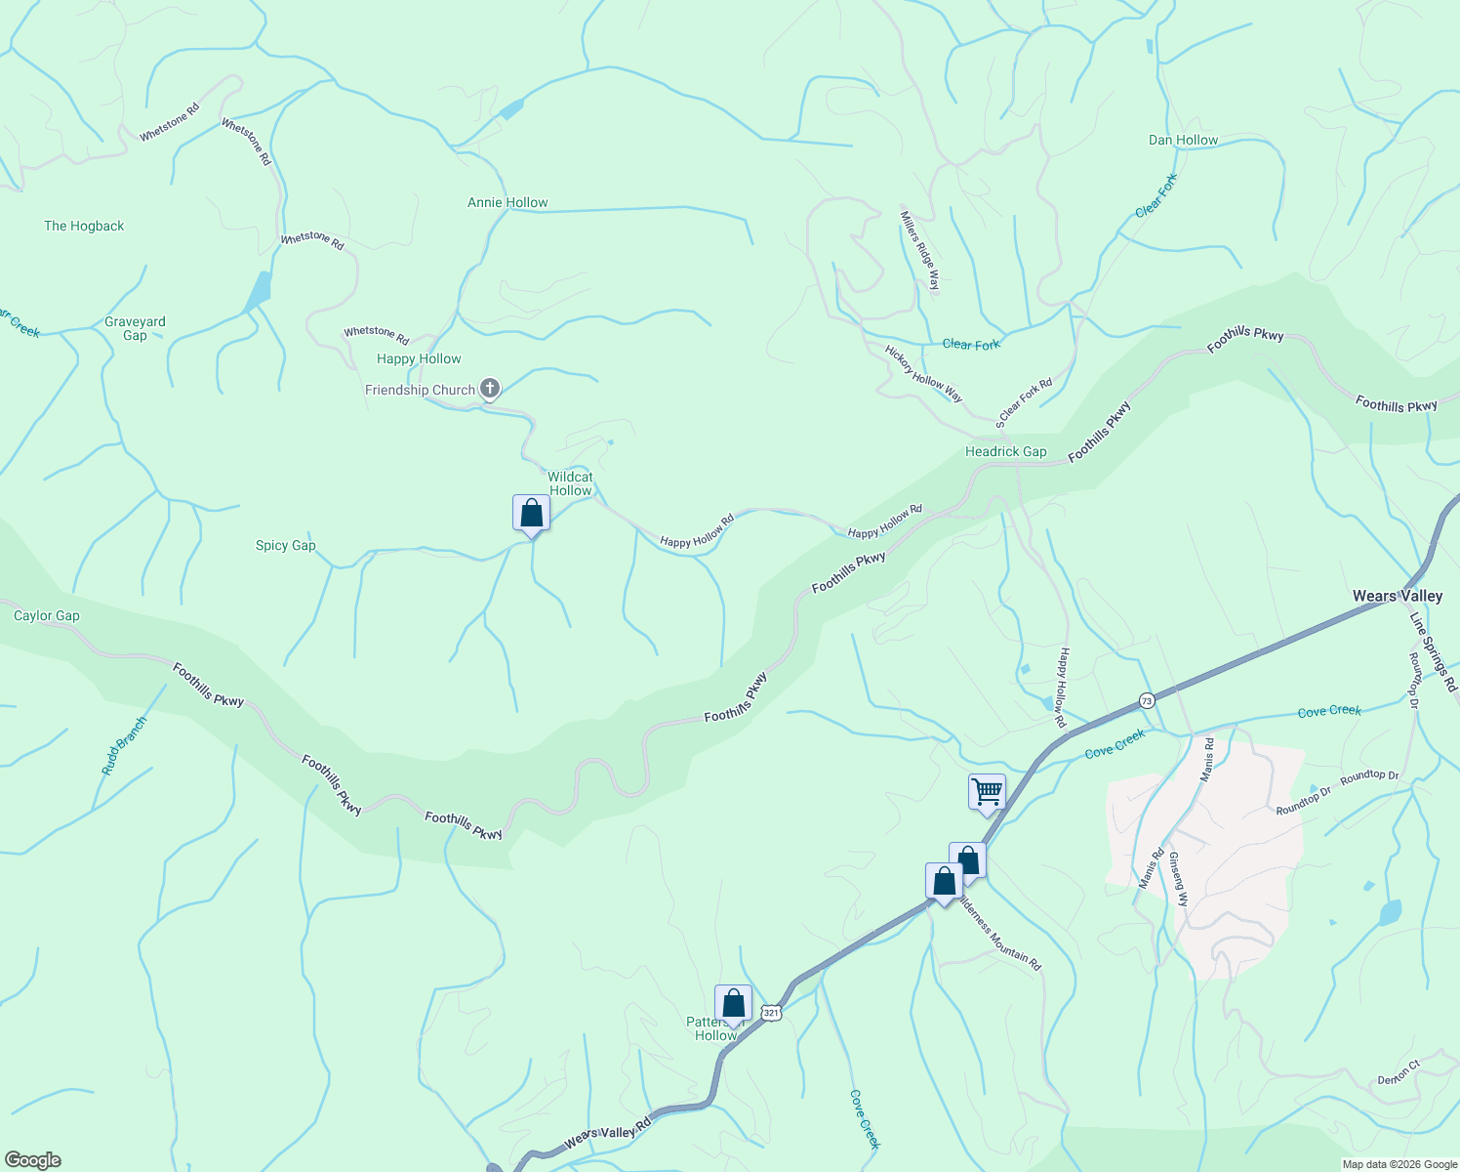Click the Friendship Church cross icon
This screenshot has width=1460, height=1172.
pos(490,389)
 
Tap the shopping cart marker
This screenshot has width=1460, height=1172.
pos(987,791)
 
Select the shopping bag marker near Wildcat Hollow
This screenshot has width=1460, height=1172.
pos(531,513)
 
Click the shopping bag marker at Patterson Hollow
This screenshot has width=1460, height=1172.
pos(733,1003)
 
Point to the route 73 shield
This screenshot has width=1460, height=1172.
pos(1147,700)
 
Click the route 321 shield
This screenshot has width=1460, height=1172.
pos(771,1013)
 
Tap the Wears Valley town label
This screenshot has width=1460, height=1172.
pos(1397,596)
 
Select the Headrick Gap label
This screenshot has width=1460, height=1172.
pos(1005,451)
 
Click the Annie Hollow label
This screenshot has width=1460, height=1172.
pos(507,202)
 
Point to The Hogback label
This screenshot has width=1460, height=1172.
pos(84,226)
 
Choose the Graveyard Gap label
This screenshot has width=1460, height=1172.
pos(135,328)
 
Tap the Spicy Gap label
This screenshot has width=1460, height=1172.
pos(285,545)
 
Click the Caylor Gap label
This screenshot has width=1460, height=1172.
pos(47,615)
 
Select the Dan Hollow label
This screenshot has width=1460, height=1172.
pos(1183,140)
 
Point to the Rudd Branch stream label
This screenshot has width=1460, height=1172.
pos(124,746)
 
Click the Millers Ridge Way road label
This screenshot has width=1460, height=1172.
pos(920,251)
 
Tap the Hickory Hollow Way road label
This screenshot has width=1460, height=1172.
pos(923,373)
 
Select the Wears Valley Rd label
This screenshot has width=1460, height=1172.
pos(607,1134)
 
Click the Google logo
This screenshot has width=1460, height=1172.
pos(33,1160)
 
